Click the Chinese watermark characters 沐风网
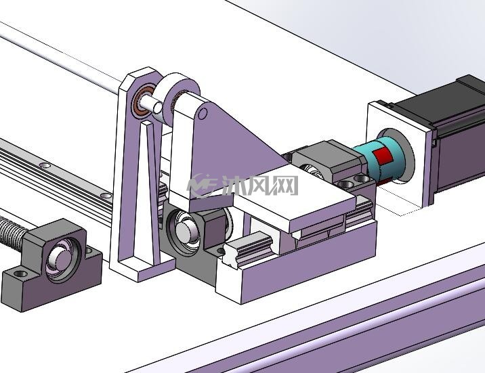[x=260, y=185]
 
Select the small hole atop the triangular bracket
[x=203, y=114]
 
